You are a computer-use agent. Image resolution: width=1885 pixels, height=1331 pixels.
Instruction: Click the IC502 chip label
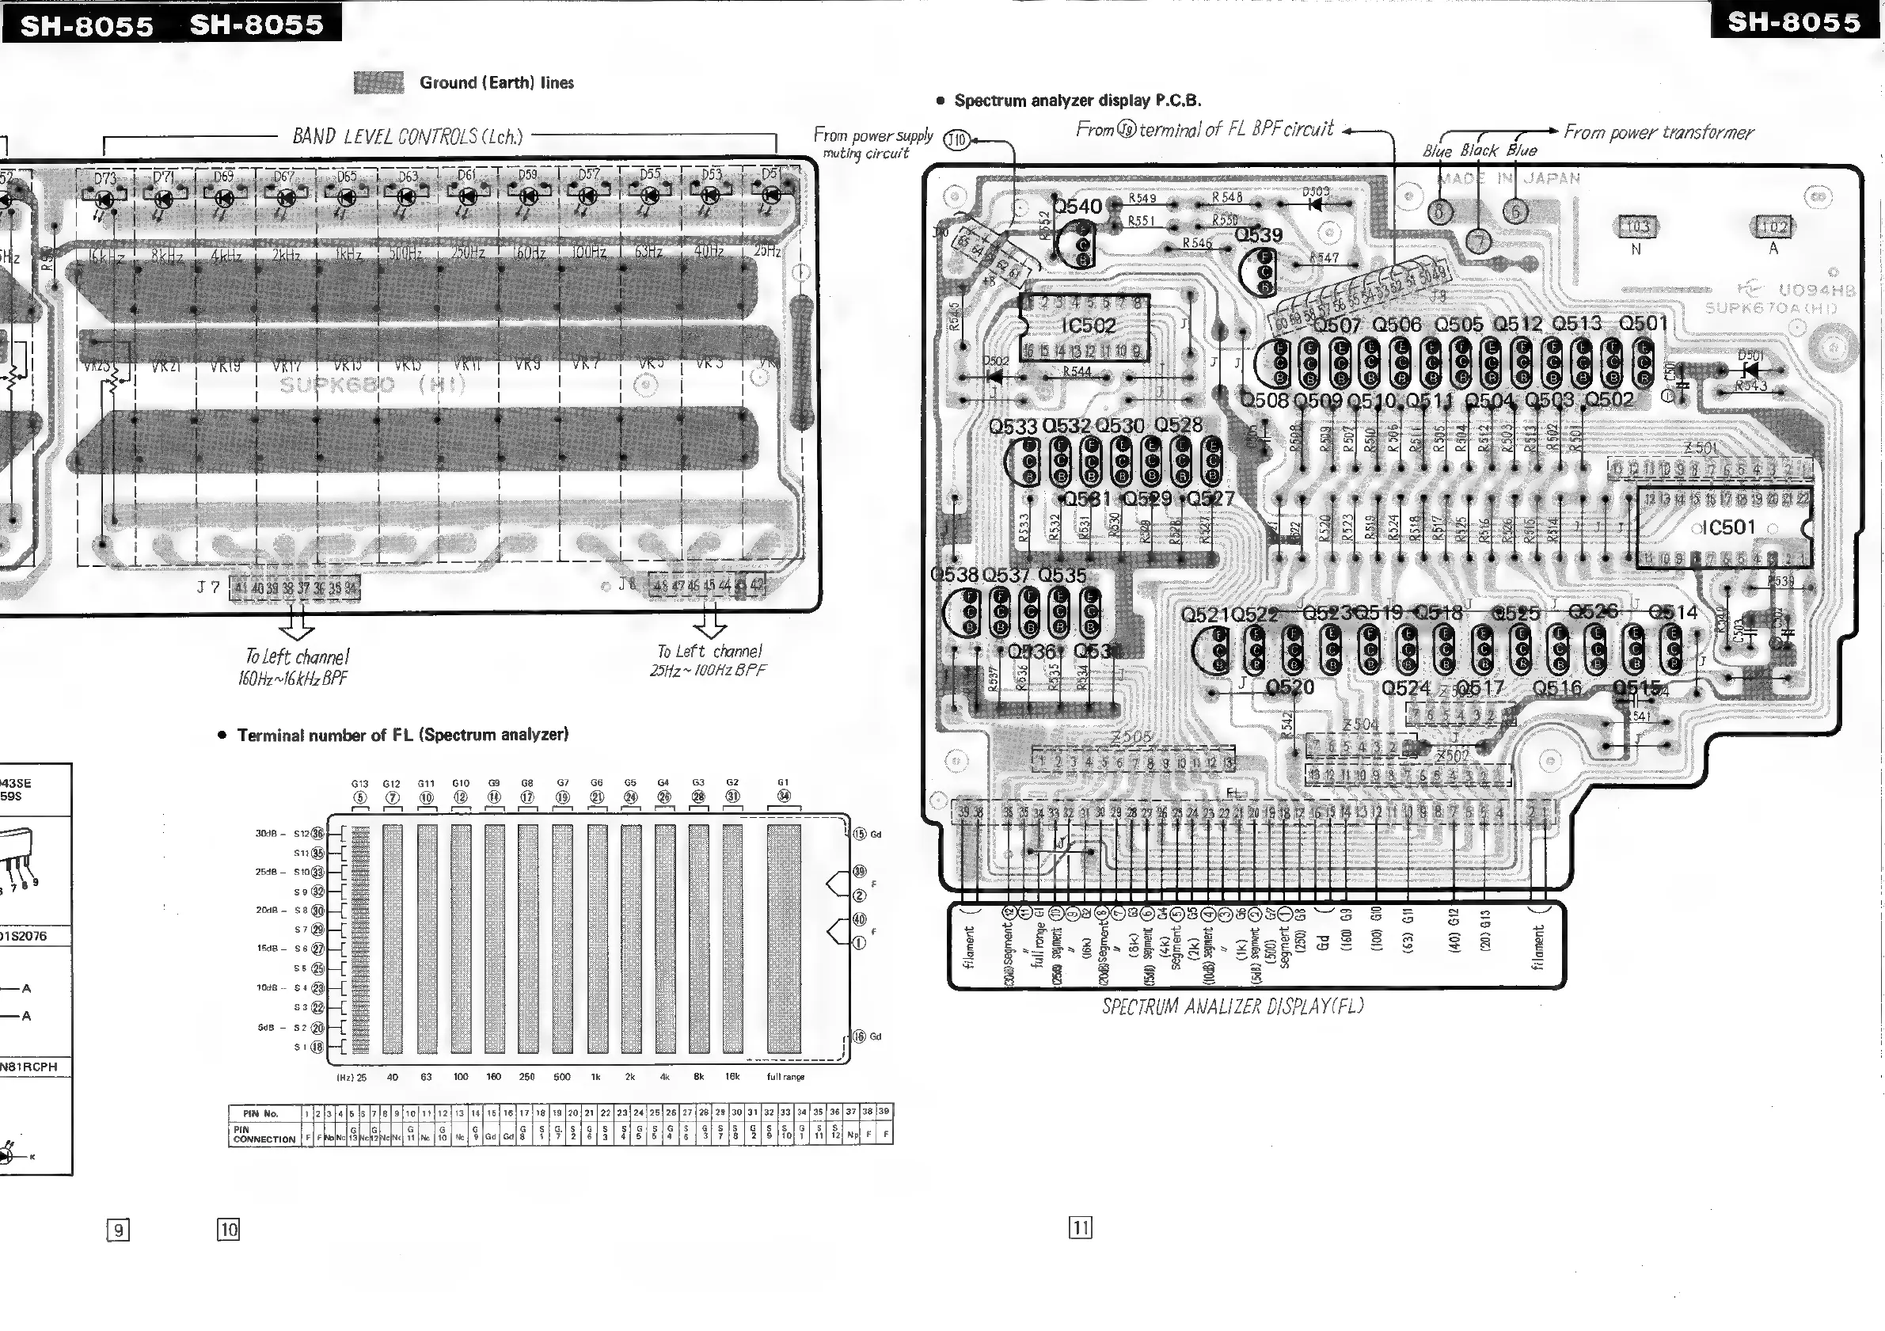[1089, 326]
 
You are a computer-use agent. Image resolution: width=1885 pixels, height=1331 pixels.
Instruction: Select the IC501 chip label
[1728, 527]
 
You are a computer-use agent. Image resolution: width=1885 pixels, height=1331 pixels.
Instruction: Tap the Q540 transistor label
[1077, 206]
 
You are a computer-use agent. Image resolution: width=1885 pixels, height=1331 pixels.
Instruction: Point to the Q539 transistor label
[1259, 235]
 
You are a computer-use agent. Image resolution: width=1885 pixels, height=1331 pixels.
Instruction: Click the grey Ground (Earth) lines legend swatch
[378, 82]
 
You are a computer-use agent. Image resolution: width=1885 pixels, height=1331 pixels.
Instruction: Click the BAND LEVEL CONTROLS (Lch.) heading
[407, 135]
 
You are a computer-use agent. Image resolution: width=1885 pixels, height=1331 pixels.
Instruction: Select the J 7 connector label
[208, 587]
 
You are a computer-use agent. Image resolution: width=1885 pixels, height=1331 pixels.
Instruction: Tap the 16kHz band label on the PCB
[107, 257]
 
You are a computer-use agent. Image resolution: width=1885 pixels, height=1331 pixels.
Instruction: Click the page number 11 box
[1081, 1227]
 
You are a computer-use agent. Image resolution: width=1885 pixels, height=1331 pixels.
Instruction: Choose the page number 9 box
[118, 1229]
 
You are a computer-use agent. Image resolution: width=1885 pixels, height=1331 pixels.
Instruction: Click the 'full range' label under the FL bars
[785, 1077]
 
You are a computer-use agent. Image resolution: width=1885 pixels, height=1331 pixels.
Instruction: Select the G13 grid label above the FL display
[359, 783]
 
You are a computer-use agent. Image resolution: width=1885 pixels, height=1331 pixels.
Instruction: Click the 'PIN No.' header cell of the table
[261, 1113]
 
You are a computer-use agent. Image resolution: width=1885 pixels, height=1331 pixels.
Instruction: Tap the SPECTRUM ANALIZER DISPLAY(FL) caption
[1233, 1006]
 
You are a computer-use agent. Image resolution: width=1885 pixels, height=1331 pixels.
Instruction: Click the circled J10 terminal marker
[956, 139]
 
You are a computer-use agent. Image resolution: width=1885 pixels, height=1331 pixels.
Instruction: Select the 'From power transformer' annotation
[1658, 132]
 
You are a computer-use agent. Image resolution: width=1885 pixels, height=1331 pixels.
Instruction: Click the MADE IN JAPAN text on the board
[1509, 178]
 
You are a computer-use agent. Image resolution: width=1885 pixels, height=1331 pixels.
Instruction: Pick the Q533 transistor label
[1013, 426]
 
